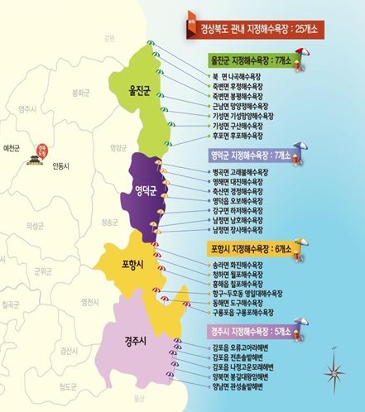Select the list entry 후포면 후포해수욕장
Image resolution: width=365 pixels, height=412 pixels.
point(236,138)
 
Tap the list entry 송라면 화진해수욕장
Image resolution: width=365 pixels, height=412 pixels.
point(237,264)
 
